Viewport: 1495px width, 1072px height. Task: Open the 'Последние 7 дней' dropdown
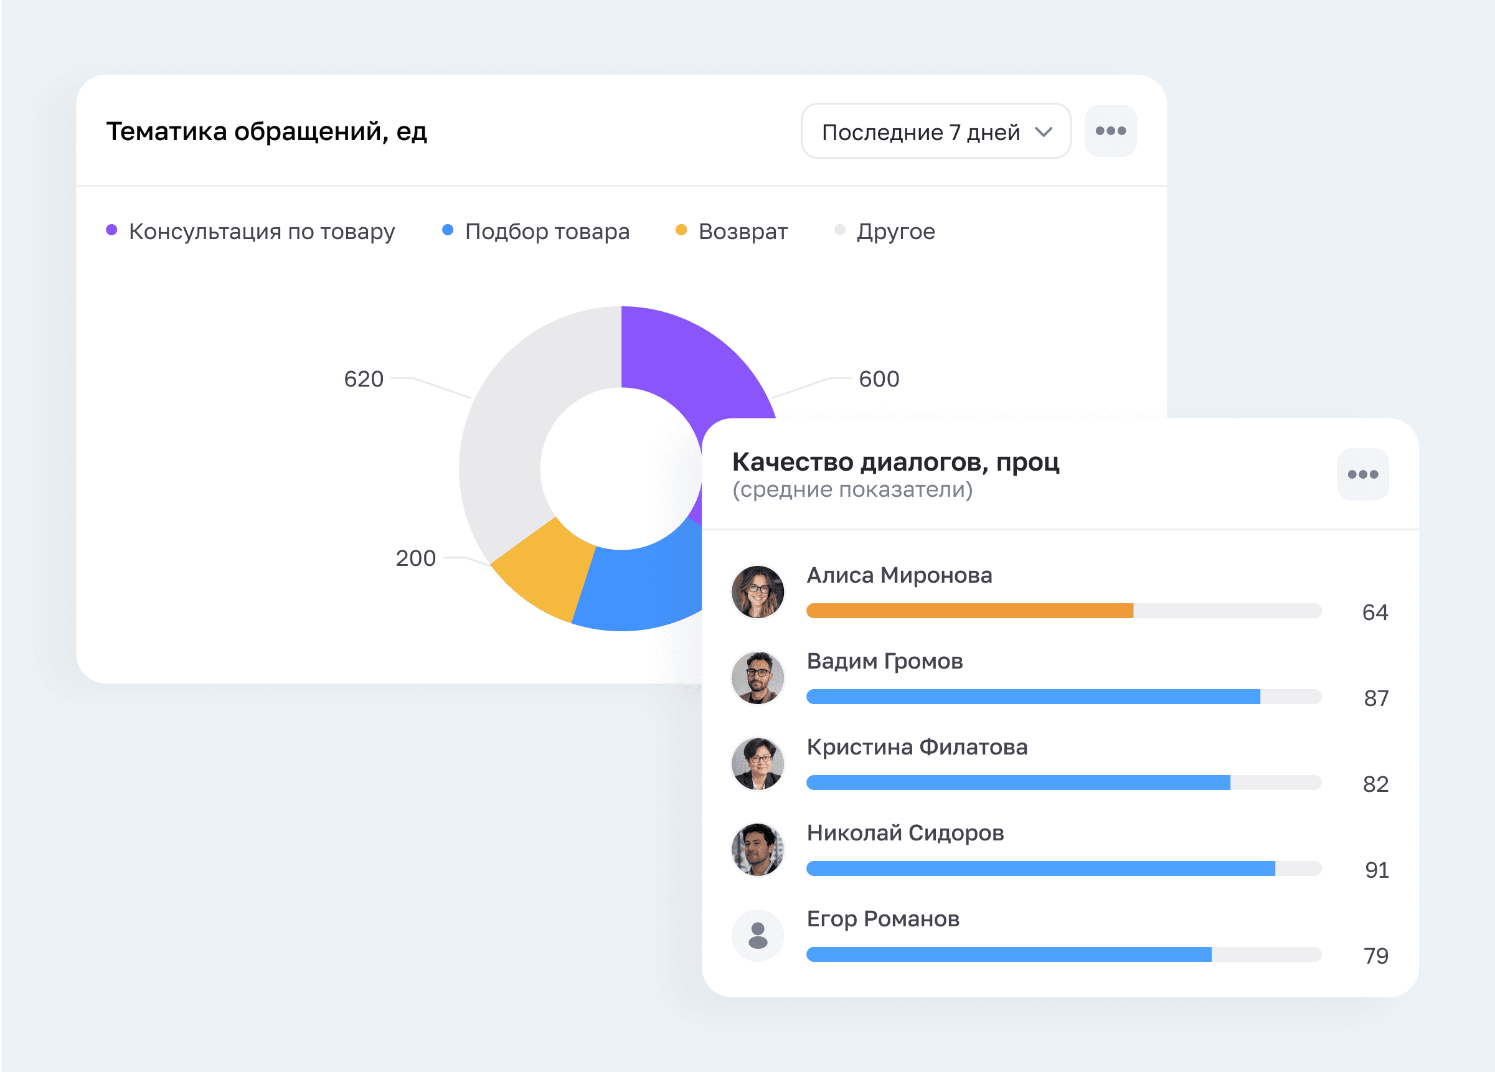[935, 131]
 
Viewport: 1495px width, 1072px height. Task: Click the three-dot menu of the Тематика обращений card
[1111, 131]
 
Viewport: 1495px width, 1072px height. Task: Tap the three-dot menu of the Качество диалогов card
[1362, 474]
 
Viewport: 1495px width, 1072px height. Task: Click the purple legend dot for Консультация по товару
[112, 230]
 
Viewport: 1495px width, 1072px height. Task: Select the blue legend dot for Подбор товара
[448, 230]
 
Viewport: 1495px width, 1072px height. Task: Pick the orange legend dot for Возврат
[682, 230]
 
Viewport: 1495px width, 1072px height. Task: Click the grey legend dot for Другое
[840, 230]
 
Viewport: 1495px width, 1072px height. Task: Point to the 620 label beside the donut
[364, 379]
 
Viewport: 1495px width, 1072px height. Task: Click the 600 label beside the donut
[879, 379]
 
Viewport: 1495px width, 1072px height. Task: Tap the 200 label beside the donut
[416, 558]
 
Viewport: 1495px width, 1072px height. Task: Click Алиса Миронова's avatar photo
[758, 591]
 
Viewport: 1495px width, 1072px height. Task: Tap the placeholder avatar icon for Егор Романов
[758, 936]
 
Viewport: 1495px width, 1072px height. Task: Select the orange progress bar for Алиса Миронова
[969, 611]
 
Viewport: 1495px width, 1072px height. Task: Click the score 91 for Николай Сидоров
[1376, 870]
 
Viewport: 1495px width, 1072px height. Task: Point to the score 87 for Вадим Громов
[1376, 698]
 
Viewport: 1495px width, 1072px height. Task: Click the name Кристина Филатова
[917, 747]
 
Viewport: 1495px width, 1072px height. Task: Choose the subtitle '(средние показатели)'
[852, 489]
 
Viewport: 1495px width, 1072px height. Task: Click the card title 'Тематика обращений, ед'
[267, 132]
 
